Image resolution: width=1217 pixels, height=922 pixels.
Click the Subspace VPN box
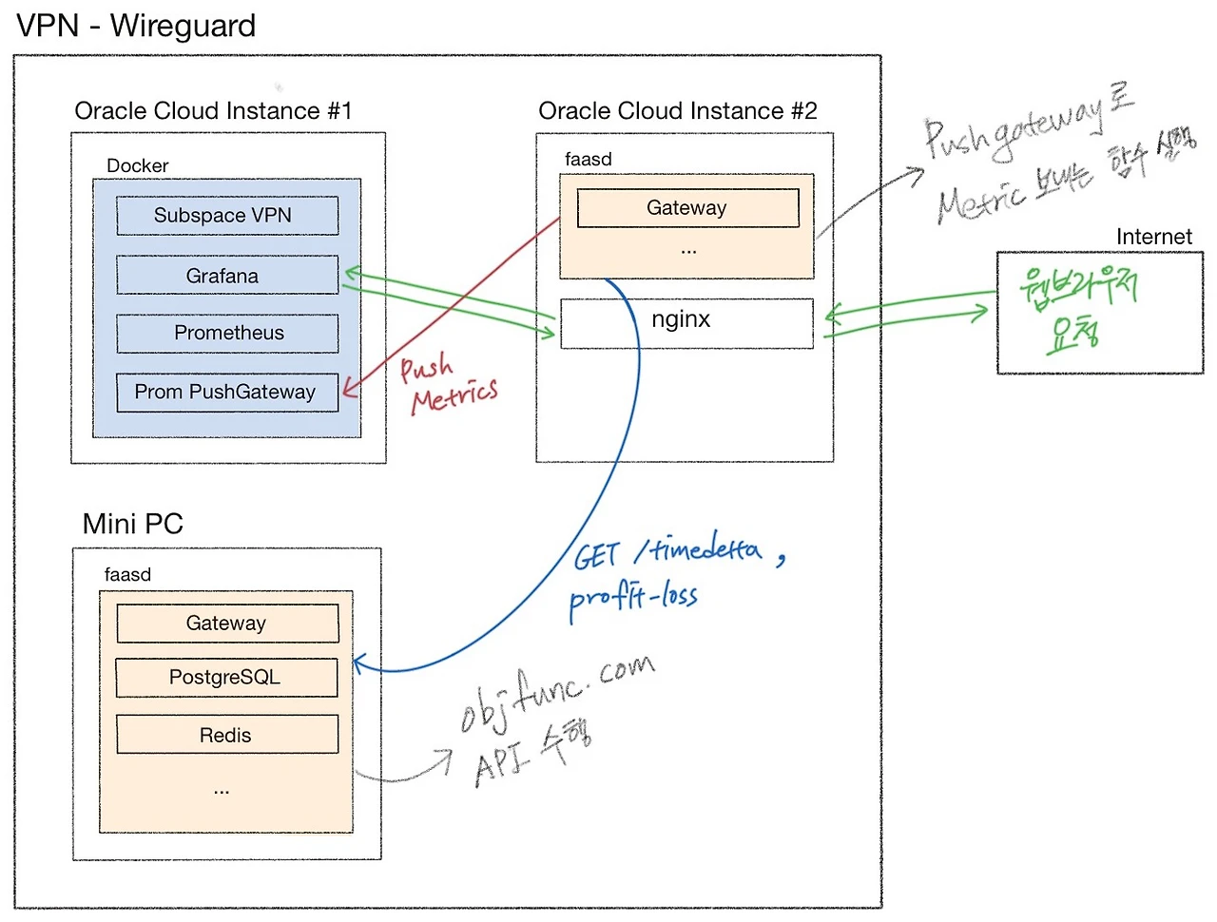coord(227,216)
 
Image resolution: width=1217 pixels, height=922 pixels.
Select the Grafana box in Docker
coord(227,276)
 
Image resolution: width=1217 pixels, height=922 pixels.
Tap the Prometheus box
coord(227,334)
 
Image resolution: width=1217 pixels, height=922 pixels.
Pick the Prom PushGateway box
coord(227,393)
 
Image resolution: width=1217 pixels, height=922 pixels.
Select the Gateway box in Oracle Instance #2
coord(687,208)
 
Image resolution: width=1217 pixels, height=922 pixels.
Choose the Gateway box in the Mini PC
coord(227,624)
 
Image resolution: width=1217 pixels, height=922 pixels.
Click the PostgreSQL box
coord(226,678)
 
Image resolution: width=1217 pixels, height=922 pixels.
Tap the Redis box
coord(227,735)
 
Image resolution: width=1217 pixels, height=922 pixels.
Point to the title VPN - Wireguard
coord(136,26)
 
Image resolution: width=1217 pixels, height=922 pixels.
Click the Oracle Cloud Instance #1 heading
coord(213,111)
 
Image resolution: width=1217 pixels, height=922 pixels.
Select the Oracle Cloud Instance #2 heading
coord(677,111)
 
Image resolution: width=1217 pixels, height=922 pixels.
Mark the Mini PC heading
coord(132,524)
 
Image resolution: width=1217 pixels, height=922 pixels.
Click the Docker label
coord(137,165)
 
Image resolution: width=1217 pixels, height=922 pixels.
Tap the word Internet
coord(1153,237)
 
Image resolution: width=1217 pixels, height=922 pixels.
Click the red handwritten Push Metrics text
coord(447,383)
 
